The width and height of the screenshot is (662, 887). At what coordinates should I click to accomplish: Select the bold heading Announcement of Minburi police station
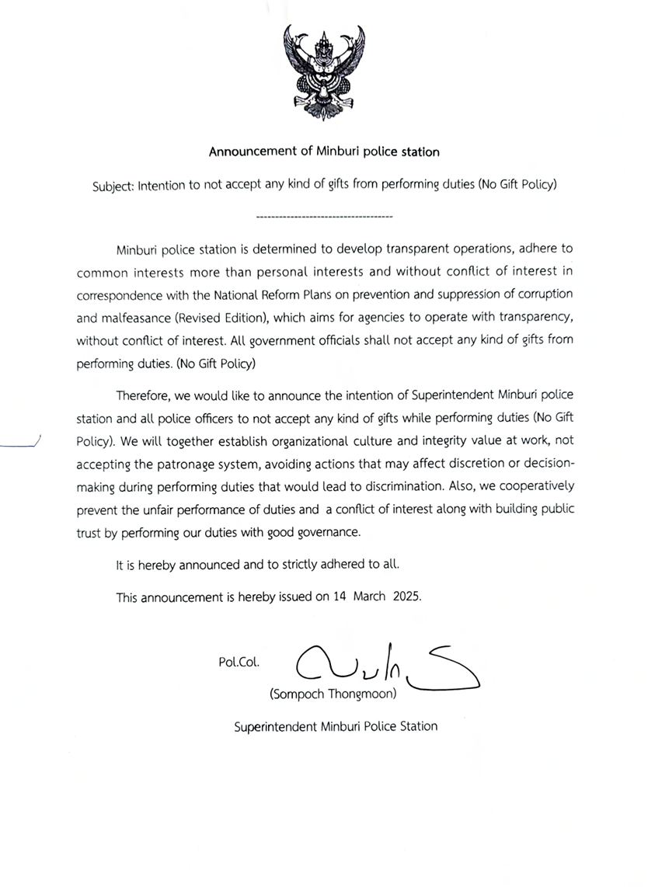coord(324,151)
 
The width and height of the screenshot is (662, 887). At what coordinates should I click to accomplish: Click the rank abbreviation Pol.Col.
coord(239,663)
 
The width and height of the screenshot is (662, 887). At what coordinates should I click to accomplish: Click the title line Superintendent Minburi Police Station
coord(336,727)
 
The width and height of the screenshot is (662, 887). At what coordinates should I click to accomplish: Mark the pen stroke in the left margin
coord(20,444)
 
